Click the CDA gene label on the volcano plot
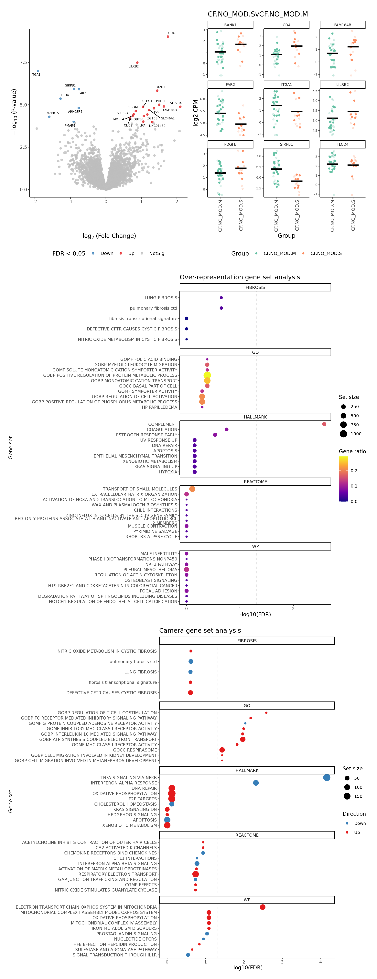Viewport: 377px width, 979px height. coord(171,33)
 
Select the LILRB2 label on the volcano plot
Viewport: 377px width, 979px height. coord(134,66)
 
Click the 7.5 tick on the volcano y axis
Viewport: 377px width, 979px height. coord(23,62)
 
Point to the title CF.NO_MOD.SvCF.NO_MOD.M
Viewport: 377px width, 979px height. coord(258,14)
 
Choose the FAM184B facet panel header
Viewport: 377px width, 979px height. coord(342,25)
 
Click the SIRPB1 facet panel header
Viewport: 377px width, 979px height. coord(286,144)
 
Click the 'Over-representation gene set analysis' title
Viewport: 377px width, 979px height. coord(240,277)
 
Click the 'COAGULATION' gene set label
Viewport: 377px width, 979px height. coord(162,429)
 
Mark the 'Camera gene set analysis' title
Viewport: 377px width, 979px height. coord(200,631)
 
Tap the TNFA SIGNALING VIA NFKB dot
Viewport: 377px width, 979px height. coord(326,778)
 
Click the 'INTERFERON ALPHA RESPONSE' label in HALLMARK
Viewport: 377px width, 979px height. coord(124,783)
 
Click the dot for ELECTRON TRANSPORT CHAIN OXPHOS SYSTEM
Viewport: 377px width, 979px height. coord(263,907)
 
